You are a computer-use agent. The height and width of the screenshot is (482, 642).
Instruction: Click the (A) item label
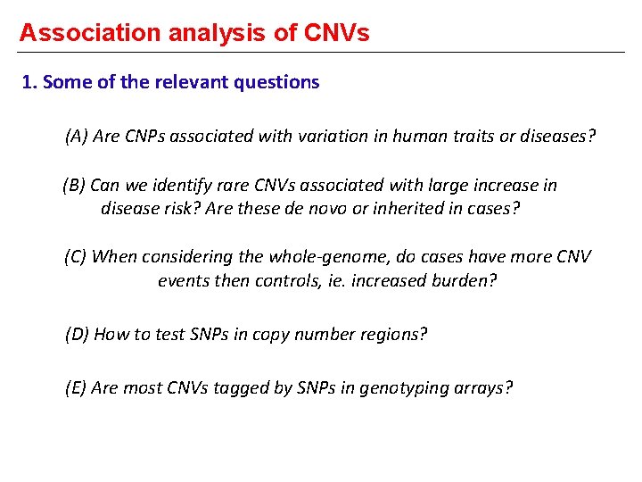pyautogui.click(x=77, y=137)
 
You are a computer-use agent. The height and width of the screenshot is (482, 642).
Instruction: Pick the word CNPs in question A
pyautogui.click(x=143, y=137)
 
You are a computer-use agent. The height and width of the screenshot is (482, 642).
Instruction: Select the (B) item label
pyautogui.click(x=74, y=186)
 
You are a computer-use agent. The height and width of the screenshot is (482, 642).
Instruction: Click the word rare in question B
pyautogui.click(x=233, y=186)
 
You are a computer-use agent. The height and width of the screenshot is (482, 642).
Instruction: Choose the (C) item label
pyautogui.click(x=76, y=257)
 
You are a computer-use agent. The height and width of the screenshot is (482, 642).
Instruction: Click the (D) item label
pyautogui.click(x=77, y=335)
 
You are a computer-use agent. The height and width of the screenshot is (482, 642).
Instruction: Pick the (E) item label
pyautogui.click(x=76, y=387)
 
